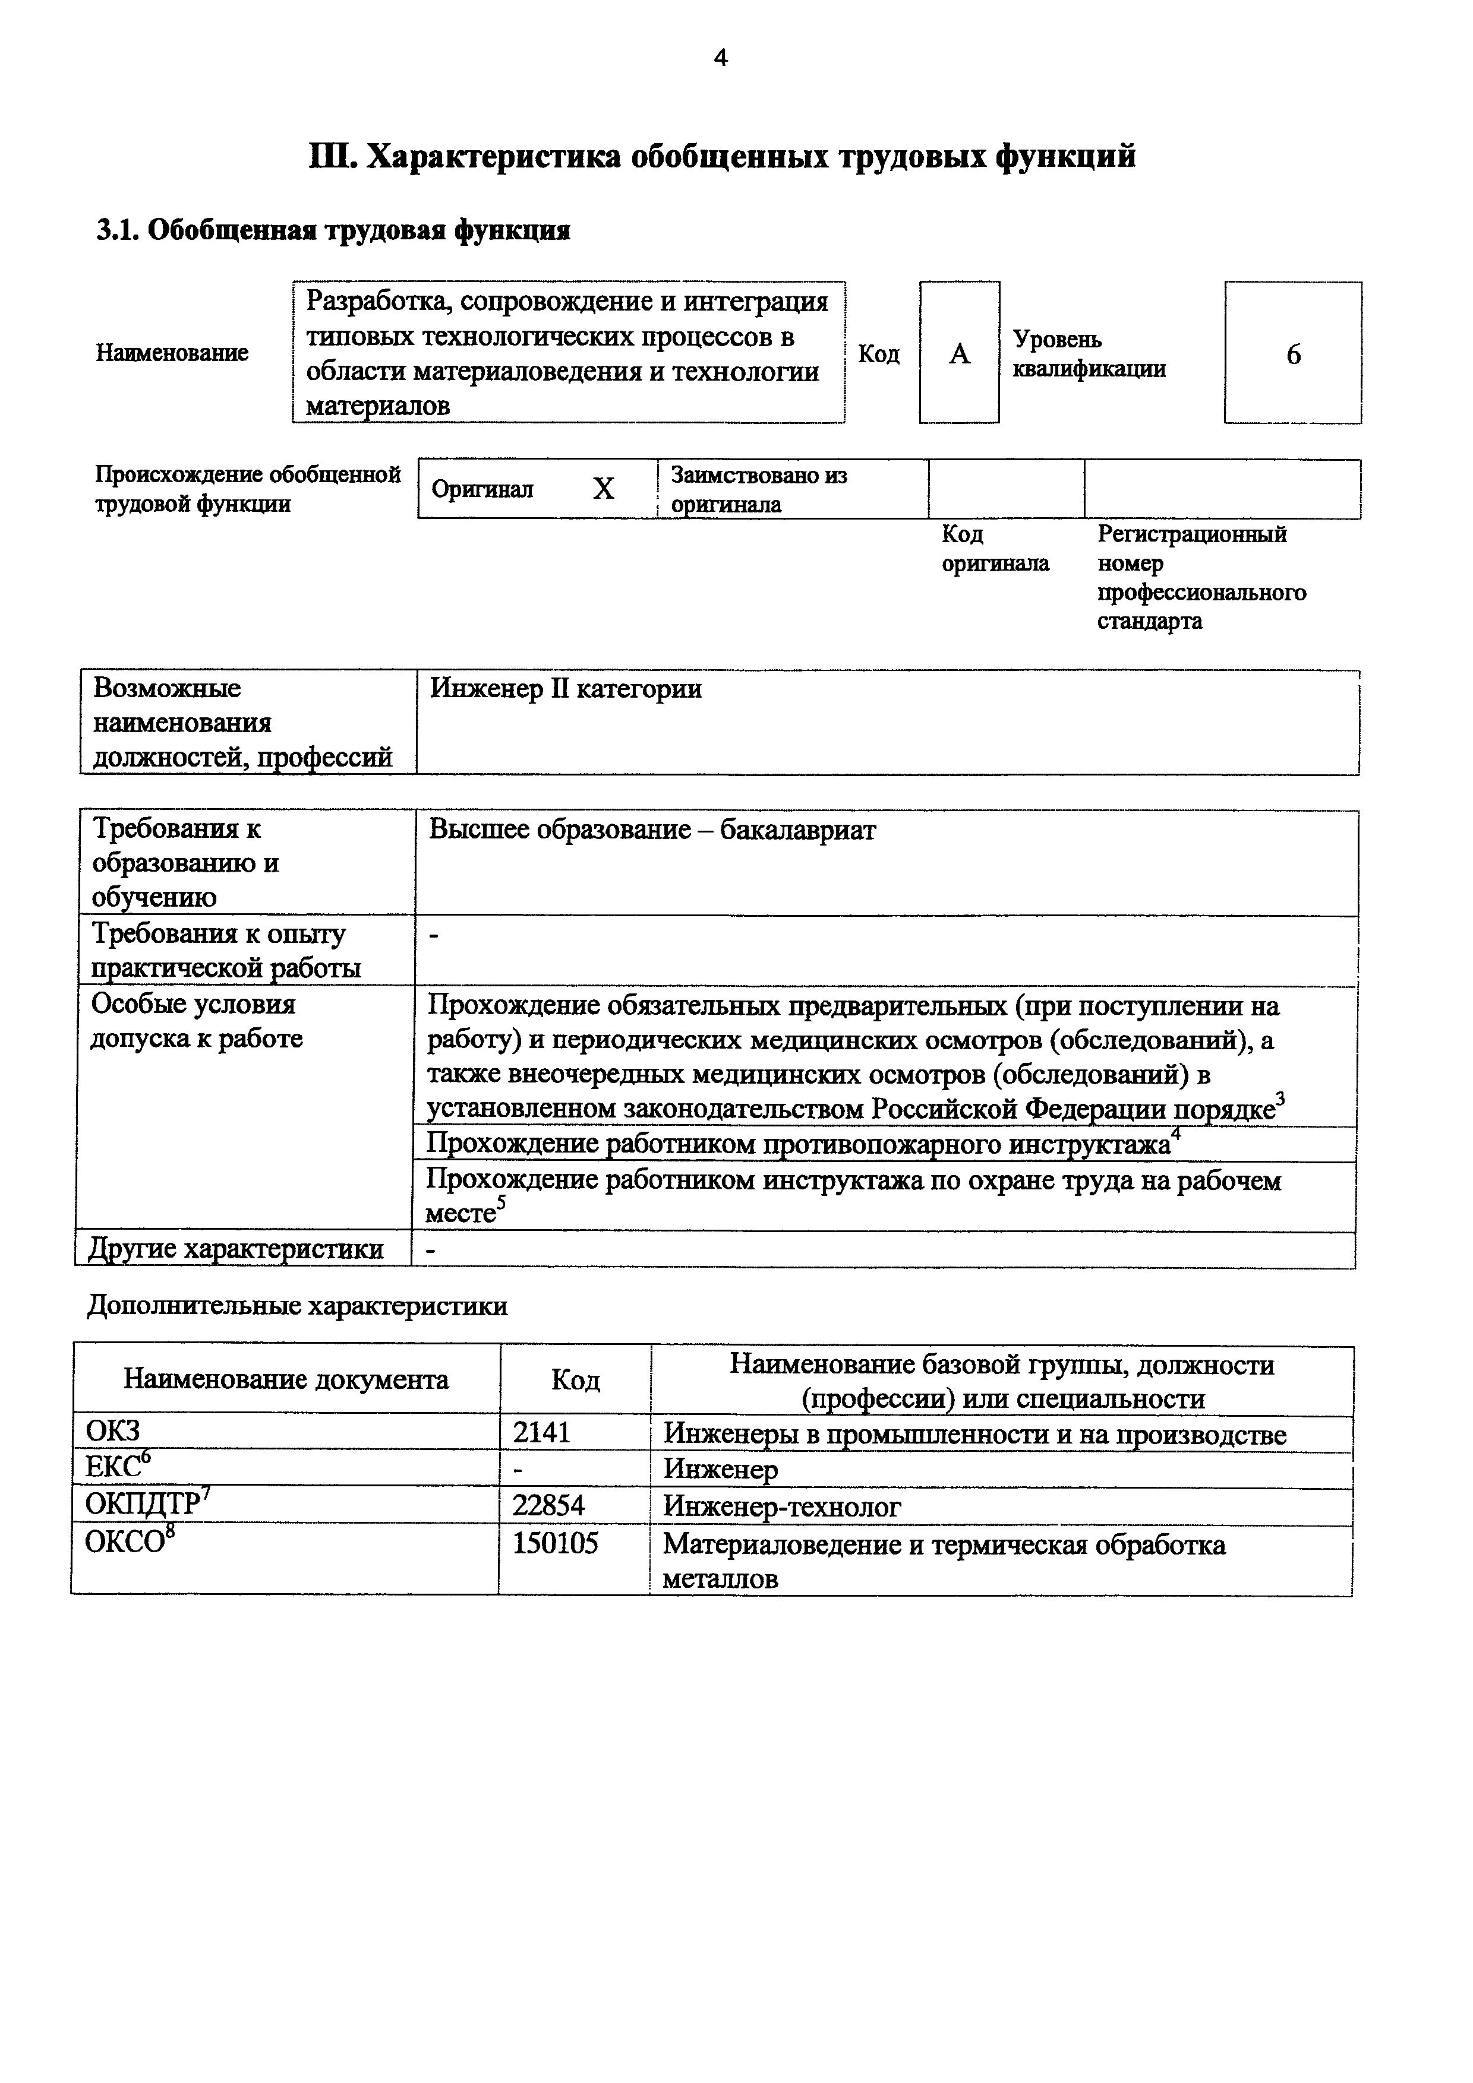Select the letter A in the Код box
click(959, 354)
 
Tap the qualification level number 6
click(1294, 354)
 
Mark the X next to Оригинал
click(604, 490)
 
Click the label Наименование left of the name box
click(172, 353)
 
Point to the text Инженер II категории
click(566, 689)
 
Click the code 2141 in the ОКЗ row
click(542, 1433)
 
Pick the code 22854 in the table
click(548, 1506)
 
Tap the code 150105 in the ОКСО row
click(556, 1543)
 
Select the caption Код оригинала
click(994, 549)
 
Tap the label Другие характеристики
click(236, 1249)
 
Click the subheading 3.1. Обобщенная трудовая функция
click(333, 230)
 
